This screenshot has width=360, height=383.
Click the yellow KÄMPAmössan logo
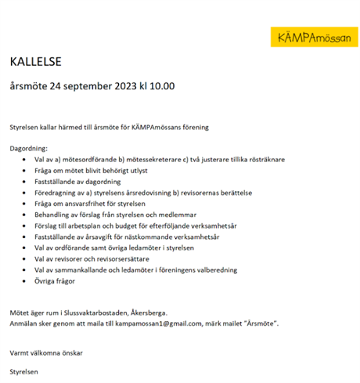[x=311, y=37]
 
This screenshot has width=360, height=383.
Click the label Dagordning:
[x=29, y=148]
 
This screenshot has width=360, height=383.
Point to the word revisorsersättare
[x=137, y=258]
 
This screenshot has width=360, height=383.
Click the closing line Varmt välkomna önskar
[x=46, y=352]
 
